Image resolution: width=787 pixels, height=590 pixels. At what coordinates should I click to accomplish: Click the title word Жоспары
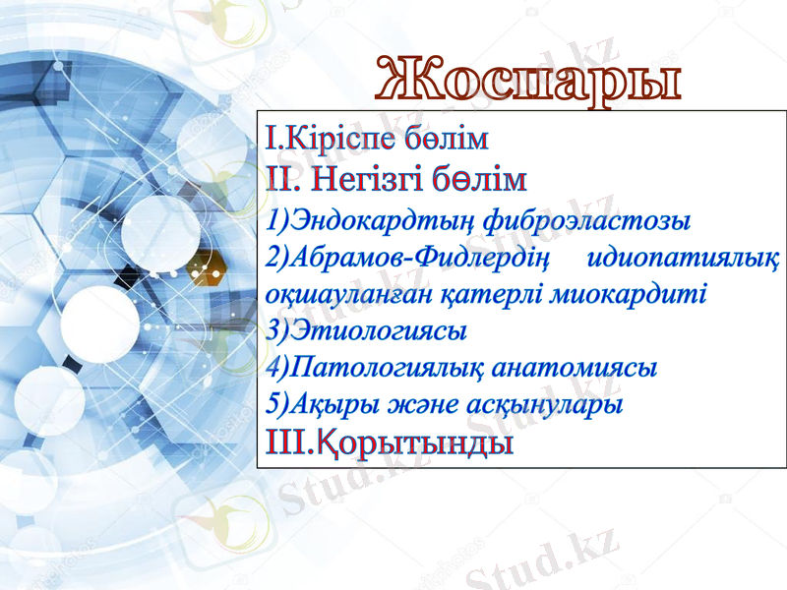click(x=529, y=78)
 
